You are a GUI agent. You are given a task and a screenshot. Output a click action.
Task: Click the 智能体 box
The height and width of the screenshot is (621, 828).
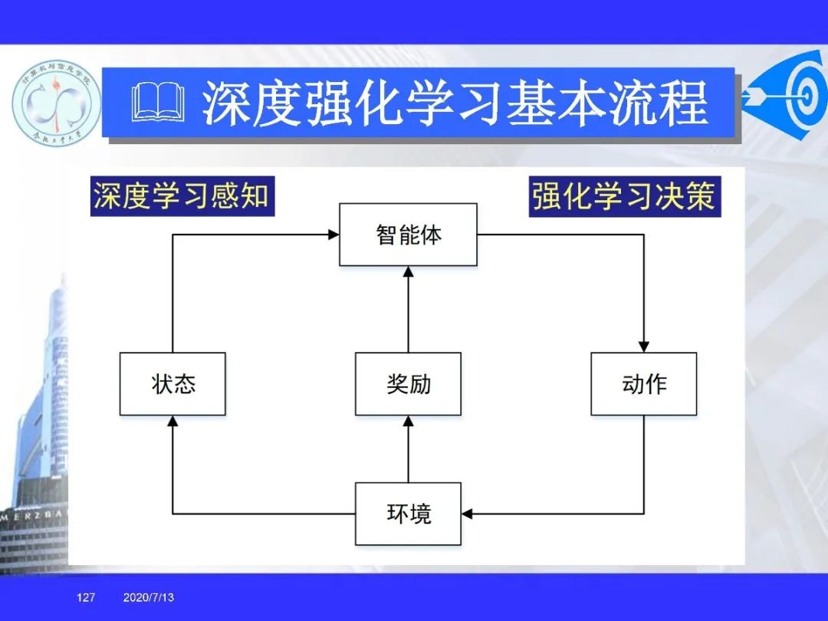[408, 235]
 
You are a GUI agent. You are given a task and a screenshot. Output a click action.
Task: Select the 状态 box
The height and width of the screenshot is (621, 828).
[172, 384]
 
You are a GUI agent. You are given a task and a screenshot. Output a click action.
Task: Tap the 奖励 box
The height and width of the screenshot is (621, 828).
[408, 384]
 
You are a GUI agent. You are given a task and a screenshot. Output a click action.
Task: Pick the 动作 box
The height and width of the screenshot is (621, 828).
[643, 384]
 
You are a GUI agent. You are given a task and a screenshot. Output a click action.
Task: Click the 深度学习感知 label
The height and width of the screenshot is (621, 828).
[182, 196]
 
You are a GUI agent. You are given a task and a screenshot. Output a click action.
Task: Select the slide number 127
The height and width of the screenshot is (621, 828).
[86, 597]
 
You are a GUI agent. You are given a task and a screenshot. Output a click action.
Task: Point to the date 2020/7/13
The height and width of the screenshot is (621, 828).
[148, 597]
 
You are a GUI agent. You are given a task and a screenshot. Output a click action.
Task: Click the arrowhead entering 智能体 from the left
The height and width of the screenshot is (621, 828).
[333, 235]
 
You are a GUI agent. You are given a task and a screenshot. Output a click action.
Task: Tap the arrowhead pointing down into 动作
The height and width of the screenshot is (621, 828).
[643, 347]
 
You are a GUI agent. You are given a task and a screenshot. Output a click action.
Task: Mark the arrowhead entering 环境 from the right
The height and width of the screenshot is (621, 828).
[468, 514]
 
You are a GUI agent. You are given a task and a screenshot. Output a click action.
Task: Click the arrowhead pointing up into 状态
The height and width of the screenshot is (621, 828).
[172, 421]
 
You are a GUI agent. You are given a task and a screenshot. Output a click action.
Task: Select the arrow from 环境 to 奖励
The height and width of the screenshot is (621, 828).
[408, 452]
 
